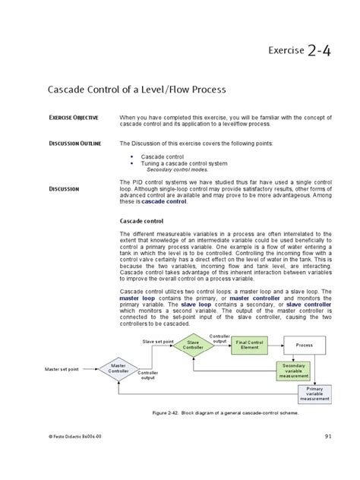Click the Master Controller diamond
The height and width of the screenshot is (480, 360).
pyautogui.click(x=118, y=369)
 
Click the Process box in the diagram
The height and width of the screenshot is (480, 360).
pyautogui.click(x=304, y=344)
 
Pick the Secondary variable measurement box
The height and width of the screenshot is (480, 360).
pyautogui.click(x=293, y=370)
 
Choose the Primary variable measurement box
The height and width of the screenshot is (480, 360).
pyautogui.click(x=314, y=393)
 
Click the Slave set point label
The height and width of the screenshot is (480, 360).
pyautogui.click(x=159, y=341)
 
